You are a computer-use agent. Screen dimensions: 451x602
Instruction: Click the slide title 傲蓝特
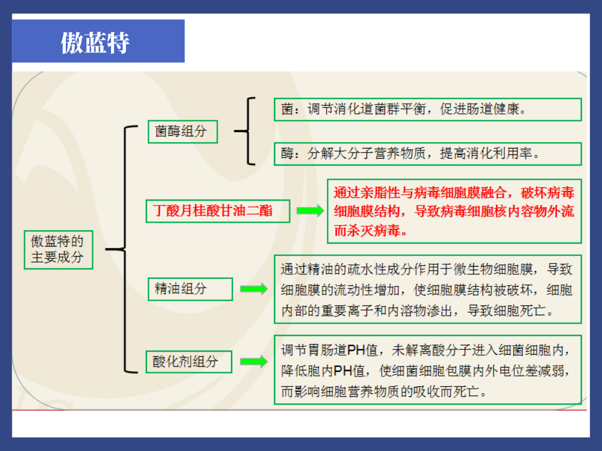[95, 42]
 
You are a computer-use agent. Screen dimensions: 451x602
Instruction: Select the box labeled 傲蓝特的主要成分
[58, 249]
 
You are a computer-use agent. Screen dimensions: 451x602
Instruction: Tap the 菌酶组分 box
[182, 131]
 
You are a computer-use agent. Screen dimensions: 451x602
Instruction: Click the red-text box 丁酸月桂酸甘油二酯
[218, 210]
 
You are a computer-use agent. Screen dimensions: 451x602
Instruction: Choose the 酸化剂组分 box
[189, 361]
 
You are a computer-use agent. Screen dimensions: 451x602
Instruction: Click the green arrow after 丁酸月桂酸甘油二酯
[310, 211]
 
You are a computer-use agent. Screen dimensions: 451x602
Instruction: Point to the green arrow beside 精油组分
[253, 289]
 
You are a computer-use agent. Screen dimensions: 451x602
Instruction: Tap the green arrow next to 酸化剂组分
[253, 361]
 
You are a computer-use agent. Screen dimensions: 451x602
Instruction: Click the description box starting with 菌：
[427, 110]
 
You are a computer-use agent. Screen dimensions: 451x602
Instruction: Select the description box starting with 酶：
[427, 153]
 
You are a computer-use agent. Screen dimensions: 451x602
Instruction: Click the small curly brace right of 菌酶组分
[247, 131]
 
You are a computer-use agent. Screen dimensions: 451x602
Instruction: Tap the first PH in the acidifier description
[356, 351]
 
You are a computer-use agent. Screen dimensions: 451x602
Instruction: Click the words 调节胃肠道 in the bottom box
[314, 351]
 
